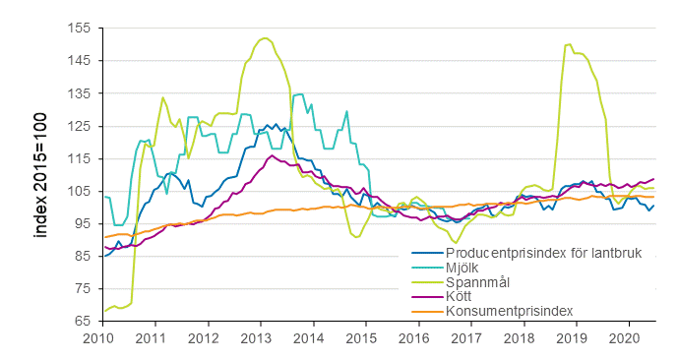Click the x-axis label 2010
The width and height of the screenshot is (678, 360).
click(98, 338)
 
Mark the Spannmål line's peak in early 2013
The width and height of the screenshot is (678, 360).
click(266, 38)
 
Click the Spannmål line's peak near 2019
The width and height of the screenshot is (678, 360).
click(569, 44)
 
